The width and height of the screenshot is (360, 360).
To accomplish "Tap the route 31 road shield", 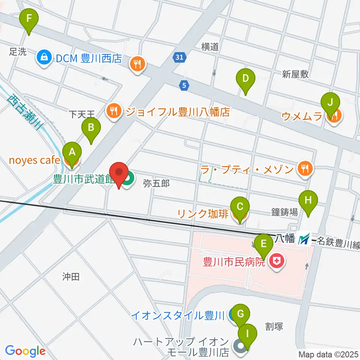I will [179, 57].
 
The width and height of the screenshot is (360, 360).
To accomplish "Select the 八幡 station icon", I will [304, 238].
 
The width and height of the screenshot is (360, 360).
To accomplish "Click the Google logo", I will [25, 351].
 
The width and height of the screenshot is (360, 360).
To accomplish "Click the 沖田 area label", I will [71, 277].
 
